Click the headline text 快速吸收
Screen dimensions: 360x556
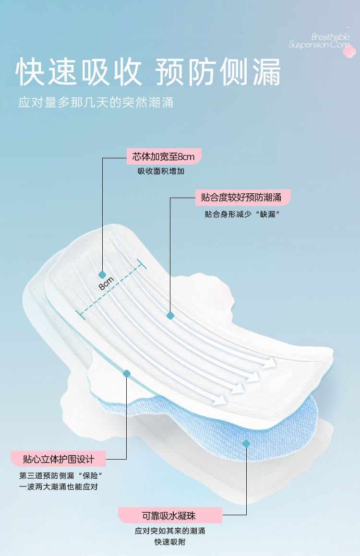tap(80, 73)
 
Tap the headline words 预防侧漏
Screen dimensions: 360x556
tap(218, 73)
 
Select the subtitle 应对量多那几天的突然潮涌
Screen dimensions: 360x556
tap(96, 103)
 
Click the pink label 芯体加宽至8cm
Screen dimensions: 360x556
tap(164, 156)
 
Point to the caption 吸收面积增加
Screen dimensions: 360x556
tap(161, 171)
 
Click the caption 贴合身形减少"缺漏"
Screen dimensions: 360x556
tap(242, 214)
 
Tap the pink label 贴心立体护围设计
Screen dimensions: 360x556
tap(58, 459)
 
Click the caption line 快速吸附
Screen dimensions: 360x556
tap(170, 542)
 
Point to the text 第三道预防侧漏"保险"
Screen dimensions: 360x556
tap(61, 476)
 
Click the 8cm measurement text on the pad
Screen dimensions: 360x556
tap(106, 284)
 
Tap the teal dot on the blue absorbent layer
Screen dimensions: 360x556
tap(246, 444)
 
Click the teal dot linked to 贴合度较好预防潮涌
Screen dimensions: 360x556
tap(170, 315)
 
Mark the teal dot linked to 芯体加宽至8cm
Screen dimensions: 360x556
tap(102, 275)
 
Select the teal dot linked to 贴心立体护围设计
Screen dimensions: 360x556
tap(127, 373)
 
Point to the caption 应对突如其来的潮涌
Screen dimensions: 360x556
tap(170, 531)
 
